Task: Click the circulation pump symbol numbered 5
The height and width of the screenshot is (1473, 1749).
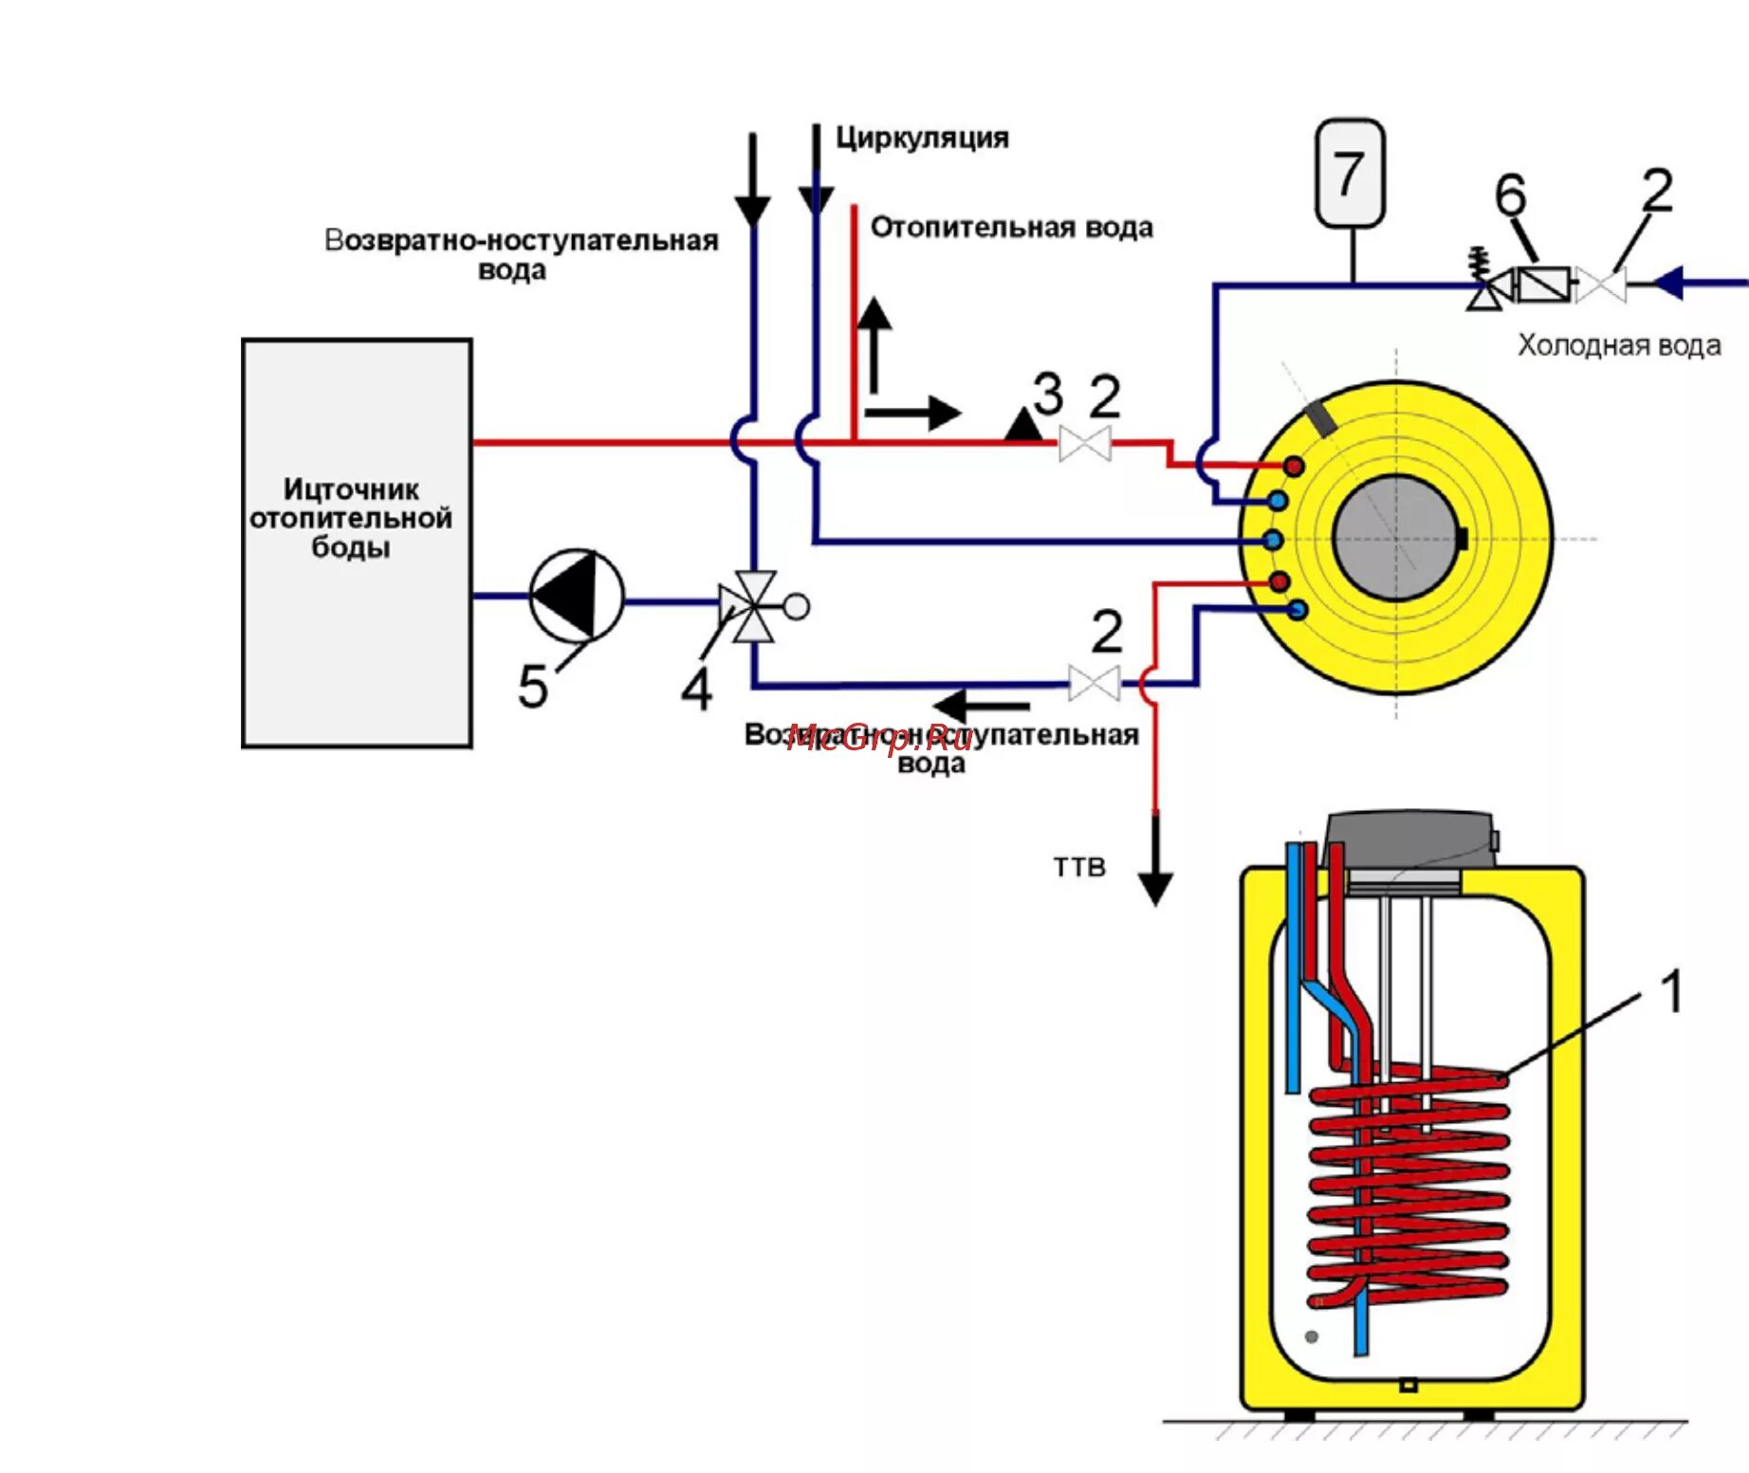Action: point(576,596)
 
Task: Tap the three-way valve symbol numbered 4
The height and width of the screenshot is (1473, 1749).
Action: point(754,605)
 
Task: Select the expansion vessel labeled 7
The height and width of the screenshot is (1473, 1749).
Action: point(1350,174)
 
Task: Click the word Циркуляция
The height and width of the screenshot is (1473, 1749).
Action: point(922,138)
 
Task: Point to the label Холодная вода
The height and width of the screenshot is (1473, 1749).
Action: point(1619,345)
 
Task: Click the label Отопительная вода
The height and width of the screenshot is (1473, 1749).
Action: point(1011,228)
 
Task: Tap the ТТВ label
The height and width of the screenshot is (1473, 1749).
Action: point(1079,867)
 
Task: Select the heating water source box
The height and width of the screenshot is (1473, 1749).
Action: point(357,543)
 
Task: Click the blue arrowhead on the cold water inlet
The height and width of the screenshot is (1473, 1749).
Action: point(1668,283)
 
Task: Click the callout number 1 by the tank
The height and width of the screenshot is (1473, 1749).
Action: point(1671,992)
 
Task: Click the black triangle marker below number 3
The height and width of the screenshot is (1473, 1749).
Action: point(1023,425)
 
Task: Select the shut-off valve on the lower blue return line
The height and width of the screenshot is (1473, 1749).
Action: point(1094,683)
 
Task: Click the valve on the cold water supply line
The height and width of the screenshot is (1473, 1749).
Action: point(1601,284)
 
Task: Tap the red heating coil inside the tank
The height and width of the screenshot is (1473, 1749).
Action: point(1408,1186)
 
